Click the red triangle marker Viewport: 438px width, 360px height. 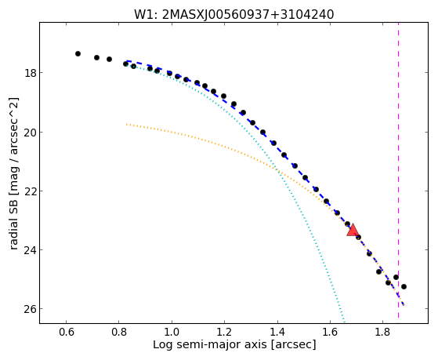[353, 231]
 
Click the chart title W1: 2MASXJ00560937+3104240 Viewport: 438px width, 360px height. [233, 14]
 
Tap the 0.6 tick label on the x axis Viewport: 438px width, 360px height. [66, 332]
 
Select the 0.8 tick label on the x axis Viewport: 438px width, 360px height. [119, 332]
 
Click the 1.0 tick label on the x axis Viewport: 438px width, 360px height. [172, 332]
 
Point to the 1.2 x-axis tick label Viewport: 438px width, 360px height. [224, 332]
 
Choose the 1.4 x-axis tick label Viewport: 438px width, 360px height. [277, 332]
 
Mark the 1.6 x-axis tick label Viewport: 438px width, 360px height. [330, 332]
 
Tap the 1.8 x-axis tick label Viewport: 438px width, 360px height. [382, 332]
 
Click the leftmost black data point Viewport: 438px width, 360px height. [78, 53]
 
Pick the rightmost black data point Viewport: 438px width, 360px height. [404, 287]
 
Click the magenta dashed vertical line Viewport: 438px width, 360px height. [398, 170]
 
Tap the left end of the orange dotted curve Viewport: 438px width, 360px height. [126, 124]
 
